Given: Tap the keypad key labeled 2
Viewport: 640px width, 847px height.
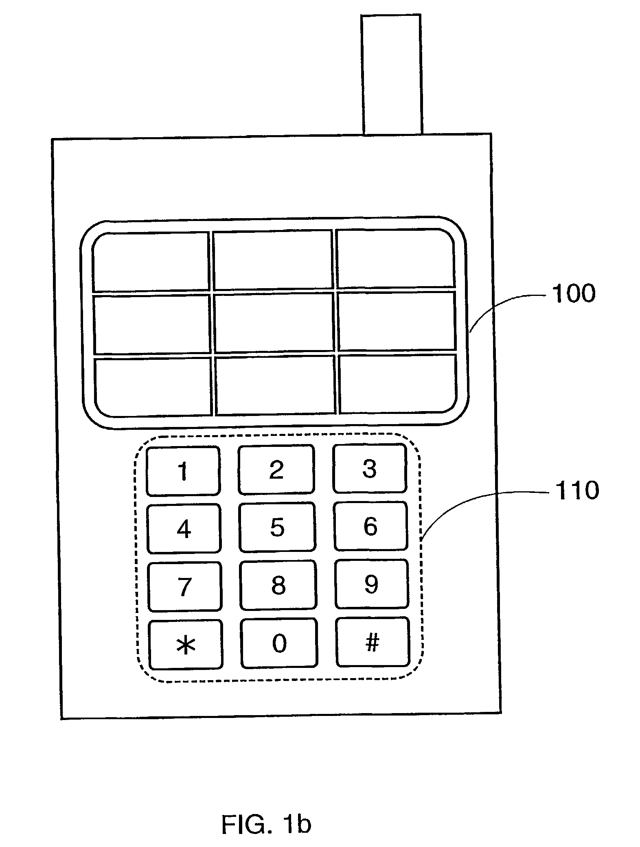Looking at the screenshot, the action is tap(276, 470).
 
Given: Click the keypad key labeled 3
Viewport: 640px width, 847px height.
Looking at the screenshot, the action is tap(369, 468).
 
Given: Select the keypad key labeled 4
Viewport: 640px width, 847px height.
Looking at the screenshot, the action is tap(184, 529).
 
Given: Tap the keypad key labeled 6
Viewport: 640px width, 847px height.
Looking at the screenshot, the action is tap(370, 526).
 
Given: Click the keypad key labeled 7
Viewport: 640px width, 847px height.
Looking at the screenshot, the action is tap(185, 587).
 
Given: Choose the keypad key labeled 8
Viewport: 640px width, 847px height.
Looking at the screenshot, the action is tap(278, 585).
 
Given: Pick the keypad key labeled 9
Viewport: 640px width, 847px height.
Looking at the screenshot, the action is tap(371, 584).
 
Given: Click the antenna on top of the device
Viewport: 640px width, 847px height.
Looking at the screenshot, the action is tap(391, 74).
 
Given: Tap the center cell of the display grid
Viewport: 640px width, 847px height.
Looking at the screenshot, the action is tap(274, 322).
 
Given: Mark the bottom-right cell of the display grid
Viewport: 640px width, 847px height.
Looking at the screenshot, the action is tap(397, 384).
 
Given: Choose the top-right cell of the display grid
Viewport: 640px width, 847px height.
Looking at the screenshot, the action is tap(395, 258).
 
